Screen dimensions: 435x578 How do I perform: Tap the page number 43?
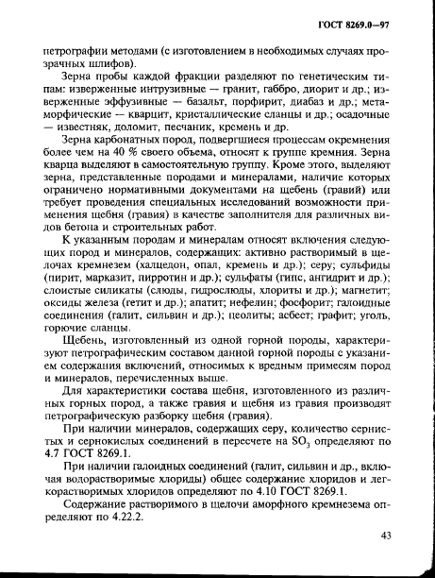(x=385, y=536)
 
